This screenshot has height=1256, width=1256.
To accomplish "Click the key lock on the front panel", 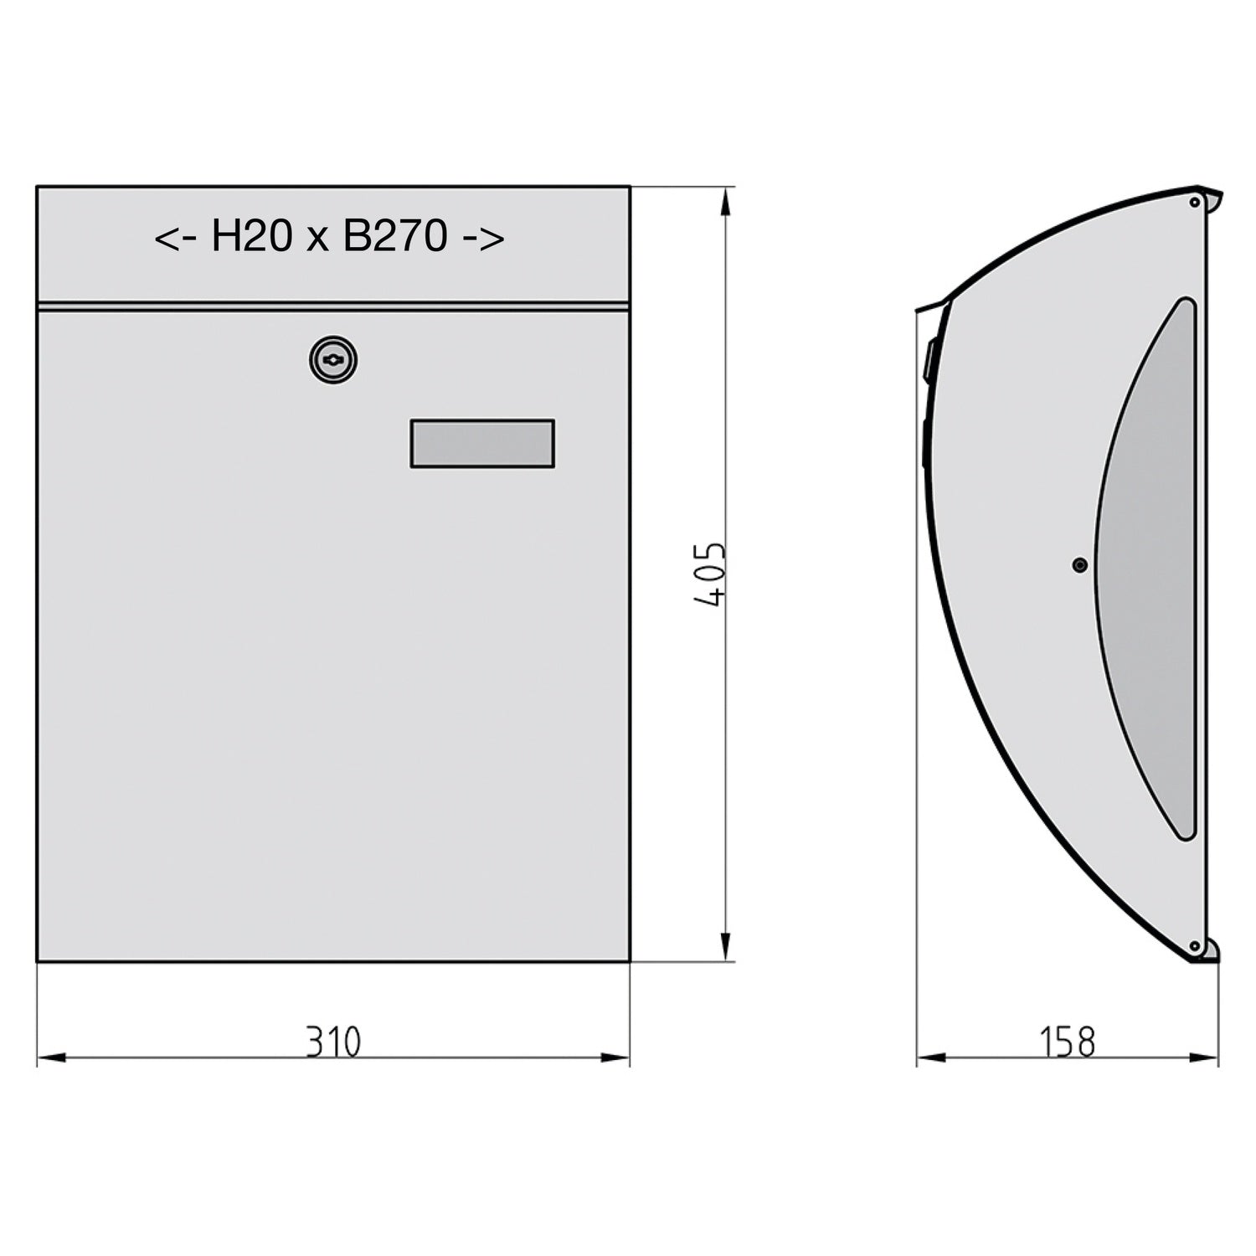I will [333, 361].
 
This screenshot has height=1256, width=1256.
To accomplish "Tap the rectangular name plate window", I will [482, 444].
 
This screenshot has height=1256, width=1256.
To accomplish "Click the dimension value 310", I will [333, 1042].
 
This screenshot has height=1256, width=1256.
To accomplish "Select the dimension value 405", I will [710, 574].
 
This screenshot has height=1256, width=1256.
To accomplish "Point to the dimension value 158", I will [1068, 1042].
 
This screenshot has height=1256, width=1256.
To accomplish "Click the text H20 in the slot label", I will [251, 236].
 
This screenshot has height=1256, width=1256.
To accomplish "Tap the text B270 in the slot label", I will [395, 236].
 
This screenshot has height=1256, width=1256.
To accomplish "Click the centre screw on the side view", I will [1080, 565].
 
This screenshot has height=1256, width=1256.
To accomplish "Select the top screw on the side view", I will [1195, 202].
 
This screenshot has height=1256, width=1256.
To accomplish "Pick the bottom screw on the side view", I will [1195, 946].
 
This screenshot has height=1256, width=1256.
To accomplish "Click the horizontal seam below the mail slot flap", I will [333, 306].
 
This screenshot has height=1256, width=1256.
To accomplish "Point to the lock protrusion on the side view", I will [929, 360].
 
